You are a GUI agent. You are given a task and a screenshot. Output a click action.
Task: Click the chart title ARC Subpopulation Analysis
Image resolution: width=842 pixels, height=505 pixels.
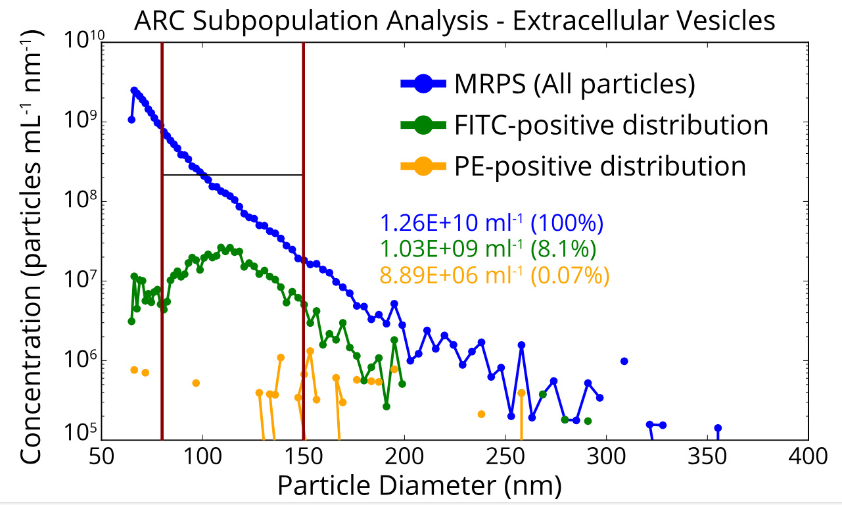tap(454, 21)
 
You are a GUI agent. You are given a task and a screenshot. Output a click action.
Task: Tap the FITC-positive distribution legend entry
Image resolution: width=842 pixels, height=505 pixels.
tap(611, 125)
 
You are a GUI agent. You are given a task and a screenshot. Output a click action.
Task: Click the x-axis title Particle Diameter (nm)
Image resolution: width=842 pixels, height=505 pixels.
tap(419, 487)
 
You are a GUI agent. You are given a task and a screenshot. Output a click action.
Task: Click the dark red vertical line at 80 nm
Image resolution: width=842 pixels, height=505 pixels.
tap(162, 263)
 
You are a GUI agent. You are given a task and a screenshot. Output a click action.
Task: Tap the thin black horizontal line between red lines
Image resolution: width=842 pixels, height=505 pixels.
tap(232, 175)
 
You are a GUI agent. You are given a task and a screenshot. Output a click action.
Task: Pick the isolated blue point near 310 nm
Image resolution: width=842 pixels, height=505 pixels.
tap(624, 361)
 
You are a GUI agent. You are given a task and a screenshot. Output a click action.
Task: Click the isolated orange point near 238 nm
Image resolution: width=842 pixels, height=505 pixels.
tap(481, 414)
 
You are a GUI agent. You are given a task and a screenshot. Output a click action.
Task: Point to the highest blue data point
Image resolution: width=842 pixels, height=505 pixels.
tap(134, 90)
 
